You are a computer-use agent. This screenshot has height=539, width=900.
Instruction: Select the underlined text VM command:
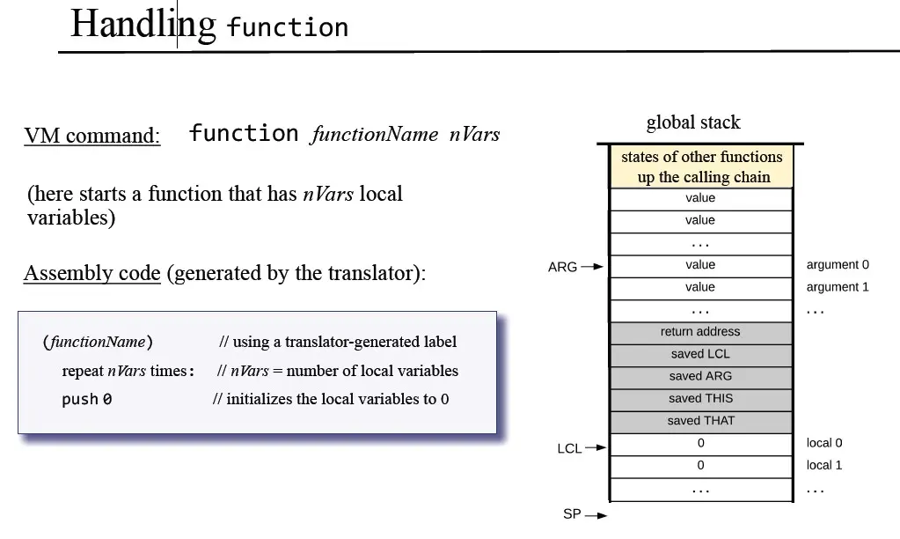(x=92, y=136)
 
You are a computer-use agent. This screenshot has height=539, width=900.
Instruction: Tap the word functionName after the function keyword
(x=374, y=134)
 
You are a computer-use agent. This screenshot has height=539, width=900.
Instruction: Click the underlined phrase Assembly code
(x=92, y=273)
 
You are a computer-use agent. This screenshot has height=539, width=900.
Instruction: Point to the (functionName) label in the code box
(x=97, y=342)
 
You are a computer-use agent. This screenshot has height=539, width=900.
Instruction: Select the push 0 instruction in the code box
(x=86, y=399)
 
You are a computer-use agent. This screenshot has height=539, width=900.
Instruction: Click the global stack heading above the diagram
(x=693, y=122)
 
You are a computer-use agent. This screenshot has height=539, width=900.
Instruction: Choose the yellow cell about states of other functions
(x=701, y=166)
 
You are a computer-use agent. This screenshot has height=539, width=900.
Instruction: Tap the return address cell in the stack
(x=700, y=332)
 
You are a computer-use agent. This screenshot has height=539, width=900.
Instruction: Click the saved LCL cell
(x=700, y=354)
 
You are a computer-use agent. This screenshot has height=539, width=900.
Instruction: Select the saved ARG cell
(x=700, y=376)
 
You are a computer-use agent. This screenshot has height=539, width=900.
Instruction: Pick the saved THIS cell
(x=700, y=398)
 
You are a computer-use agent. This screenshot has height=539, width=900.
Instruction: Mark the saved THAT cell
(x=700, y=421)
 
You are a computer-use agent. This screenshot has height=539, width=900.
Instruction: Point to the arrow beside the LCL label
(x=596, y=447)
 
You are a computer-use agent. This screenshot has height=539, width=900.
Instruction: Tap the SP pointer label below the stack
(x=572, y=514)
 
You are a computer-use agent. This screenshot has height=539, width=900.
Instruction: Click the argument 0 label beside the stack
(x=838, y=265)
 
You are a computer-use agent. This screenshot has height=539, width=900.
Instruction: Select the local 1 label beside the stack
(x=824, y=465)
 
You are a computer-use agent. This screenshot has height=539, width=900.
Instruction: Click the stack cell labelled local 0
(x=700, y=443)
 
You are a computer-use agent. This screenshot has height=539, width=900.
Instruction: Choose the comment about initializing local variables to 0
(x=331, y=399)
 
